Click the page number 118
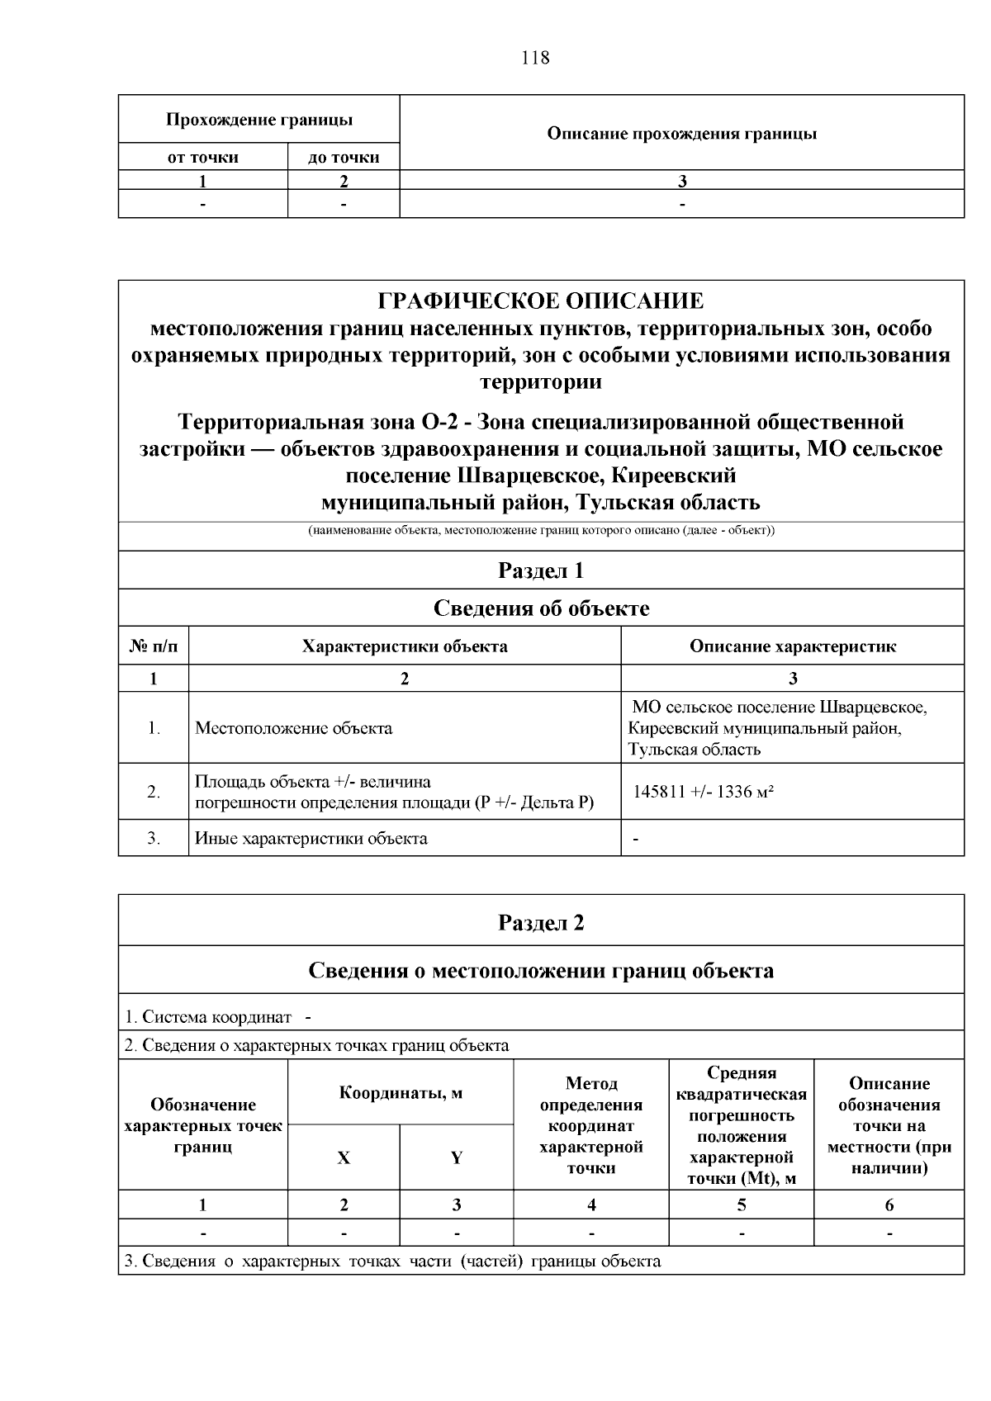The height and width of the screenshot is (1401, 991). (535, 58)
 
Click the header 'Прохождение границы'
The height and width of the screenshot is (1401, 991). (259, 120)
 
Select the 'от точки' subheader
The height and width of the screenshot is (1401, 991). (202, 157)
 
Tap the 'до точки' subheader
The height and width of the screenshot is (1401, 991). (344, 157)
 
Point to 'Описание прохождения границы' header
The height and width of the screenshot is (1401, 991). (682, 133)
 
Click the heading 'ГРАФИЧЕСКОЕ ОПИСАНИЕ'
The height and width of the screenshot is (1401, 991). (541, 301)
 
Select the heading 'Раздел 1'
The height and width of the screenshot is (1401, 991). (541, 570)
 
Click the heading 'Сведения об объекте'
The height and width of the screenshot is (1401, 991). (541, 608)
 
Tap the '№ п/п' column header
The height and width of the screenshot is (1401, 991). (154, 646)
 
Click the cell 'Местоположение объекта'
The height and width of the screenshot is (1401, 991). (293, 728)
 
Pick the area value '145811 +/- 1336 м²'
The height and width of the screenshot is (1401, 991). (703, 792)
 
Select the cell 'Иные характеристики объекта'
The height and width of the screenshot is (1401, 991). (311, 839)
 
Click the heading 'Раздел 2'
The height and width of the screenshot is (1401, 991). (541, 921)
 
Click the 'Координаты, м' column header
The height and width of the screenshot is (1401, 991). (401, 1093)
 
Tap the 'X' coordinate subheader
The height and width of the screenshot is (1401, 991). (344, 1157)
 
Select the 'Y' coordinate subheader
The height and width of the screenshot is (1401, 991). (456, 1157)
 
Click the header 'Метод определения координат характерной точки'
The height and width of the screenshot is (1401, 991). (591, 1124)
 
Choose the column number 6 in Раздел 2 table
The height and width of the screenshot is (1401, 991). (889, 1205)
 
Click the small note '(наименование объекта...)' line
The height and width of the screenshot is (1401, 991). (541, 530)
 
